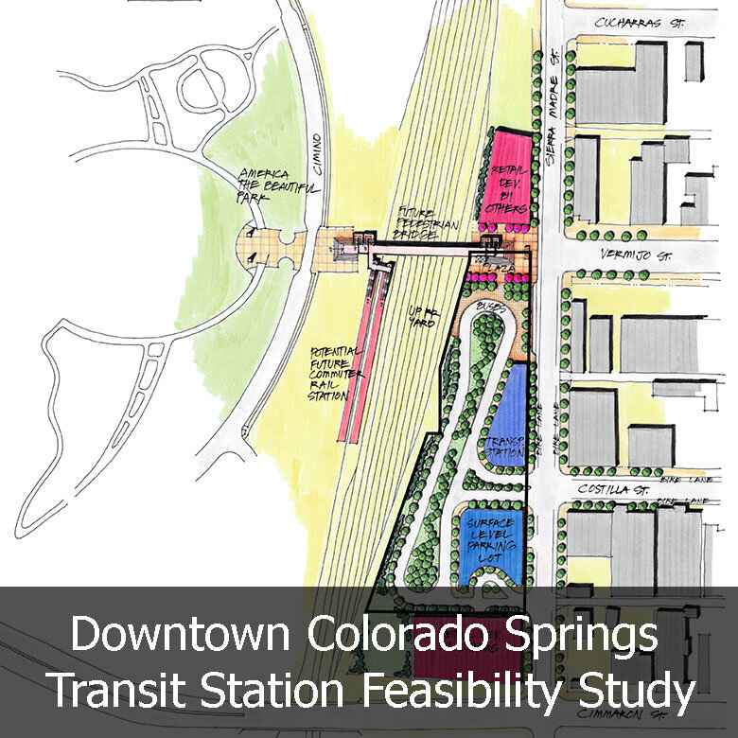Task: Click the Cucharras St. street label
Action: point(640,21)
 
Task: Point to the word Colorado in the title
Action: point(391,634)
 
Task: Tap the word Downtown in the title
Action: point(181,634)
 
